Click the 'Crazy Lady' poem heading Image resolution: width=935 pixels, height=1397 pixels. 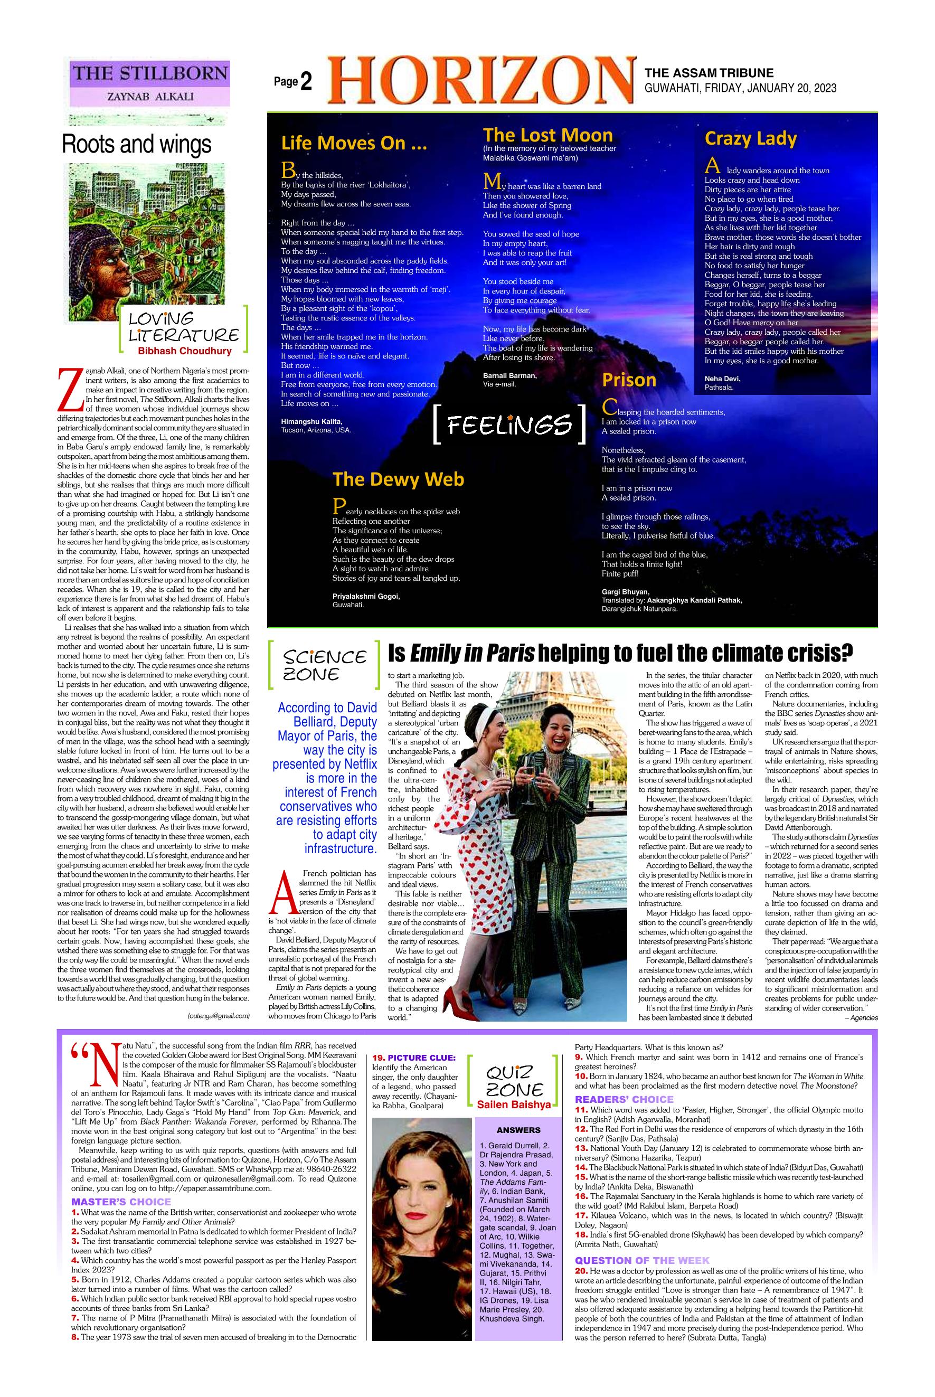[750, 138]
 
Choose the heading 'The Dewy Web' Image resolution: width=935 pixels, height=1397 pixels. [398, 479]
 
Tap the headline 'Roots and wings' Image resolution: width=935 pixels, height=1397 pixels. [137, 144]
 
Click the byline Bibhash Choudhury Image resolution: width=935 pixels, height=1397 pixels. [184, 351]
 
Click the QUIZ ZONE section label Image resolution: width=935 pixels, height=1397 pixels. [514, 1081]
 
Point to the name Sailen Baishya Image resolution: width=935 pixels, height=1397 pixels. [514, 1105]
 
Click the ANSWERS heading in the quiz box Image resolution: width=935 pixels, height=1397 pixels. [518, 1130]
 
